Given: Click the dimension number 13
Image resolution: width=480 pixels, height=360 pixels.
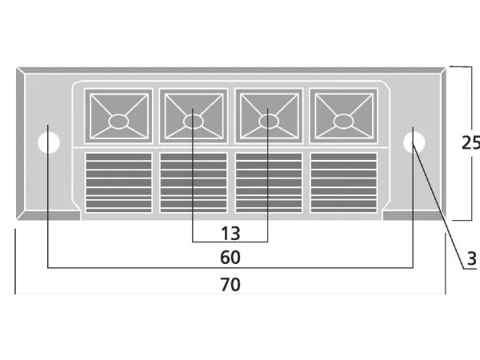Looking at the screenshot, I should pyautogui.click(x=230, y=233).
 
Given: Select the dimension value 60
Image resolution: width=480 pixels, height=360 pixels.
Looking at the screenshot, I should pyautogui.click(x=230, y=258).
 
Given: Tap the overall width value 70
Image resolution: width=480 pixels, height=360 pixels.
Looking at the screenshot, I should pyautogui.click(x=230, y=284).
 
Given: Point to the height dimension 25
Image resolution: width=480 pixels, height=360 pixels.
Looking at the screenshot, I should pyautogui.click(x=470, y=143).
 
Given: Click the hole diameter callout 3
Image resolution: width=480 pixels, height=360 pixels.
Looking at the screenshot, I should pyautogui.click(x=472, y=258).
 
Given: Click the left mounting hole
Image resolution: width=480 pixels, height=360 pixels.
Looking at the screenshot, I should pyautogui.click(x=50, y=143).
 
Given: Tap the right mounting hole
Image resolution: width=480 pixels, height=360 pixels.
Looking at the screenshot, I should pyautogui.click(x=414, y=142).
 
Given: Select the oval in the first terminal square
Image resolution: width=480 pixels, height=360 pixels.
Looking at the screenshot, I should pyautogui.click(x=118, y=122).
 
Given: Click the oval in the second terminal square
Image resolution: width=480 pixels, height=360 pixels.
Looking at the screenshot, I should pyautogui.click(x=194, y=122).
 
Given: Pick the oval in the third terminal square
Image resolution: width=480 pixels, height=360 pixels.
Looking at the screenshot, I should pyautogui.click(x=268, y=122).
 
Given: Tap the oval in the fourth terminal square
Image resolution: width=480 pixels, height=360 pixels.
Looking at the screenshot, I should pyautogui.click(x=343, y=122).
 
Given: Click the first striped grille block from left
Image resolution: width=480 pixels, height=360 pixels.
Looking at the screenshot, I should pyautogui.click(x=118, y=182).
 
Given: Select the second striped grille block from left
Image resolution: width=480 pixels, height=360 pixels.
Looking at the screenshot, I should pyautogui.click(x=194, y=182).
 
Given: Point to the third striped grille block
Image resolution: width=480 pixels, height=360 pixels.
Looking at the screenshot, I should pyautogui.click(x=268, y=182).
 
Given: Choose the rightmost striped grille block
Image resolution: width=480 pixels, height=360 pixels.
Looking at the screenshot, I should pyautogui.click(x=343, y=182).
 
